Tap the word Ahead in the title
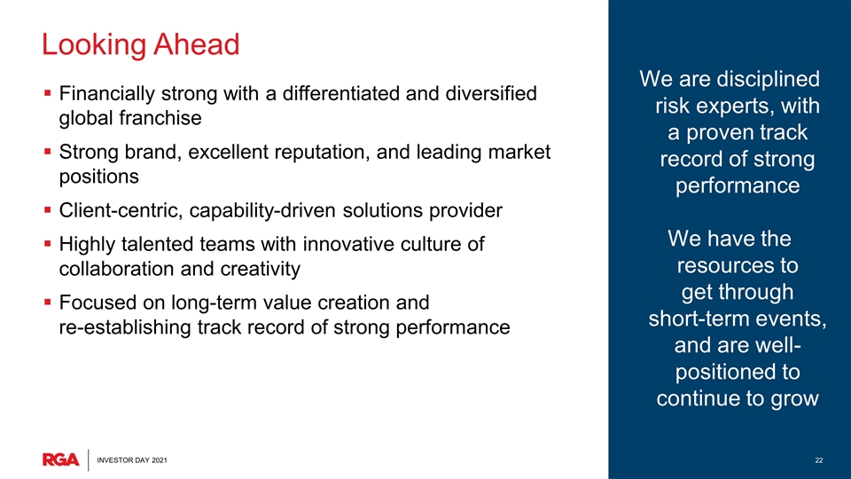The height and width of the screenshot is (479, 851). coord(196,44)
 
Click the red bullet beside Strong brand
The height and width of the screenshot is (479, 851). coord(48,152)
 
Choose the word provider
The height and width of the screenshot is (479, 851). coord(465,211)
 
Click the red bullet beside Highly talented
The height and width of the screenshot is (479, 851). coord(48,244)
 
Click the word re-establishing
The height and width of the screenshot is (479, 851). coord(125,327)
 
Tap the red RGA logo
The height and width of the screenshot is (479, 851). coord(61,459)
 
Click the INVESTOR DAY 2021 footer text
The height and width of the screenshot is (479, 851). coord(132,460)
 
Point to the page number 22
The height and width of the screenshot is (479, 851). coord(819,460)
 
